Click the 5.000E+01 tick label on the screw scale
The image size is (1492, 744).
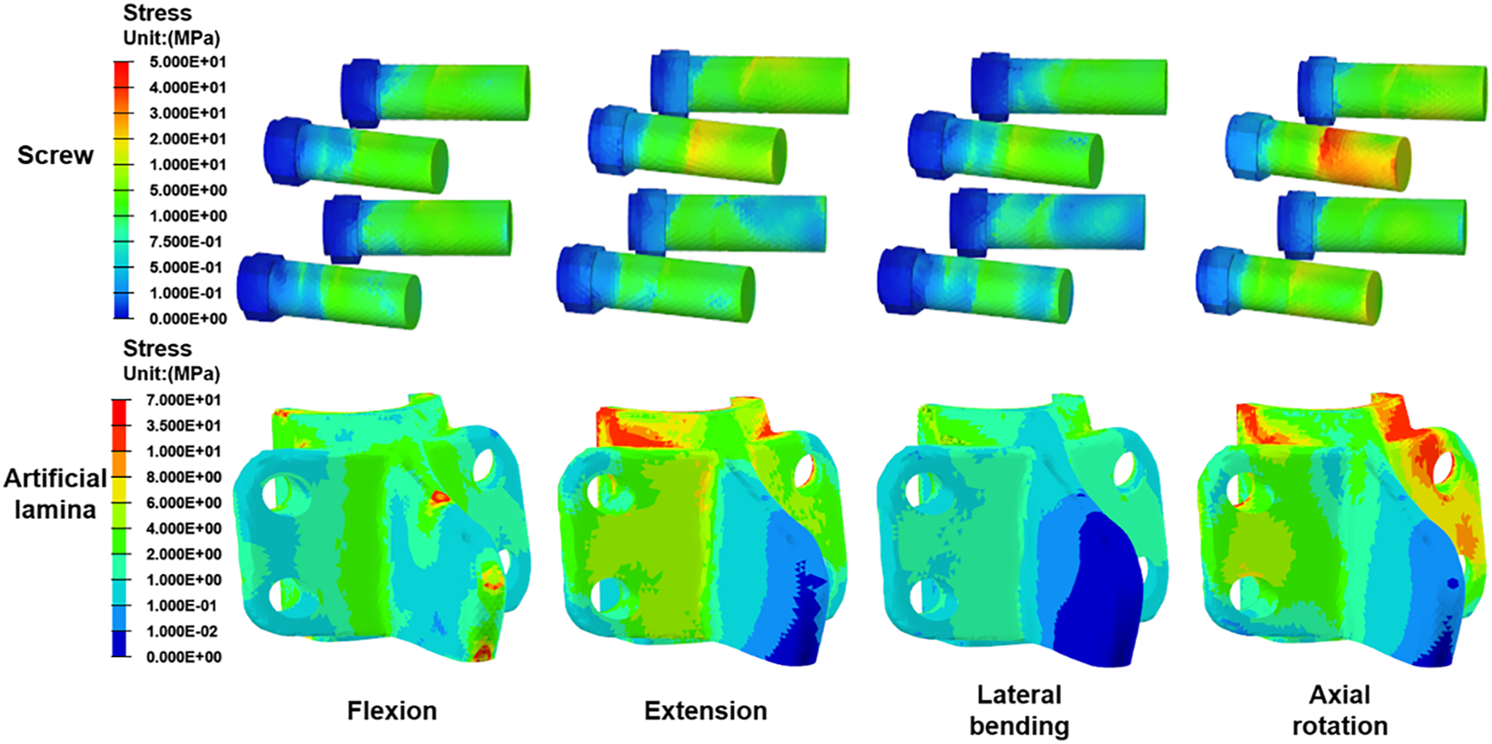click(x=188, y=62)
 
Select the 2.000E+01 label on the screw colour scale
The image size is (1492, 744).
click(x=188, y=138)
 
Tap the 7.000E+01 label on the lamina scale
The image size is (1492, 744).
click(x=184, y=400)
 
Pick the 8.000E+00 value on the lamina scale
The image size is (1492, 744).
click(x=184, y=477)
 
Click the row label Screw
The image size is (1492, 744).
click(x=55, y=155)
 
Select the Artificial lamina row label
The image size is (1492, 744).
click(x=55, y=493)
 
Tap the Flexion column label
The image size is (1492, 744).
click(x=392, y=710)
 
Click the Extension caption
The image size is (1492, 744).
click(x=705, y=710)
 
